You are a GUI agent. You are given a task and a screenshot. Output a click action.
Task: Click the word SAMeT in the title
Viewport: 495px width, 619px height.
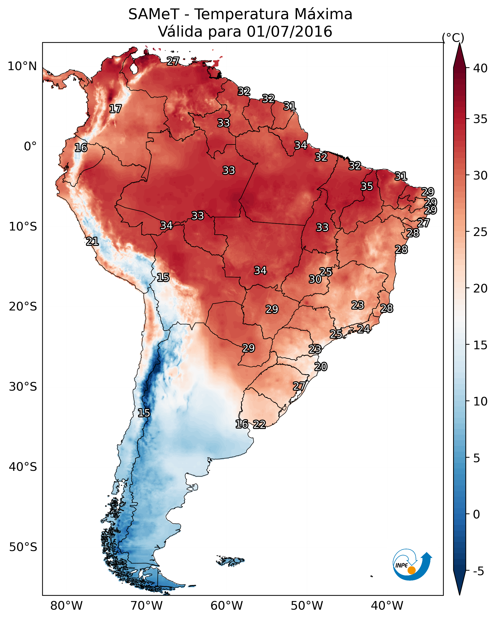point(154,14)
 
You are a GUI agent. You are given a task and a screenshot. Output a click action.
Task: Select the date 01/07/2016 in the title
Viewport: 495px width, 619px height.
point(289,32)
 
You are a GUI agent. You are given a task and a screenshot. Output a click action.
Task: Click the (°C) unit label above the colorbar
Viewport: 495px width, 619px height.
point(453,38)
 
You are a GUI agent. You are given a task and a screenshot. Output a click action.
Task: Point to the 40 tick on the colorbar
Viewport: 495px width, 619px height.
point(480,68)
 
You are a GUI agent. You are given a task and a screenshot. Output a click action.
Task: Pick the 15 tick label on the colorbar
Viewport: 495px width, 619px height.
point(480,345)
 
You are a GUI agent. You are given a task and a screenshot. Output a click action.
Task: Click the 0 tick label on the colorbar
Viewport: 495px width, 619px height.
point(476,514)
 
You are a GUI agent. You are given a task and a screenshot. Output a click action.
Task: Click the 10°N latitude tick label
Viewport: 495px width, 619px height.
point(22,66)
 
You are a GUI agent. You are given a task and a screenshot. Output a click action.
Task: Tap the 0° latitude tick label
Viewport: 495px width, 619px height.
point(30,146)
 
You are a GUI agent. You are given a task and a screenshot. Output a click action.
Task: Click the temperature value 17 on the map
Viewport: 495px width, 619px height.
point(115,109)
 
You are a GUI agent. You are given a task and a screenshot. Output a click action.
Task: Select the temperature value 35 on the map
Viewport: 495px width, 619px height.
point(367,186)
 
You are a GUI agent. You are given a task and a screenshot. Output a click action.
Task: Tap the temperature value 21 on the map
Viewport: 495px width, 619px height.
point(92,242)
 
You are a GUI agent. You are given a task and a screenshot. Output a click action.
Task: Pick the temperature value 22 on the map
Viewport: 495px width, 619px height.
point(259,424)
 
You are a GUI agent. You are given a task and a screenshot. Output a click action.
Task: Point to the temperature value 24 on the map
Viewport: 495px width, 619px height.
point(364,329)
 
